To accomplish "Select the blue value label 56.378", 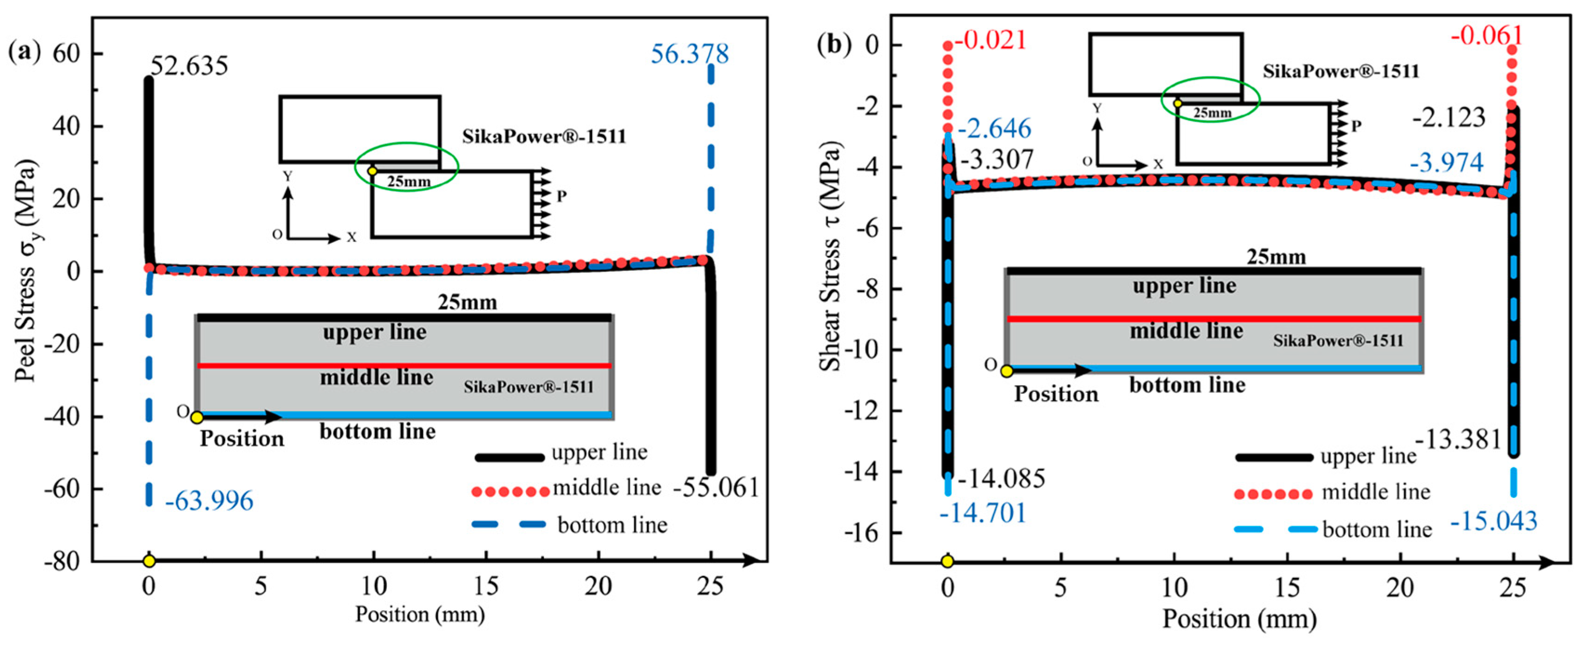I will coord(690,54).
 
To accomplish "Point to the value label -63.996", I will coord(209,501).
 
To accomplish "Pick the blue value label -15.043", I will coord(1493,522).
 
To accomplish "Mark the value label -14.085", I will coord(1001,479).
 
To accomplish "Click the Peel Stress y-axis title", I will coord(26,270).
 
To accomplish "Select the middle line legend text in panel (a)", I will coord(606,488).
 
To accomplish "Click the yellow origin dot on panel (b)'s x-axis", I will coord(947,562).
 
